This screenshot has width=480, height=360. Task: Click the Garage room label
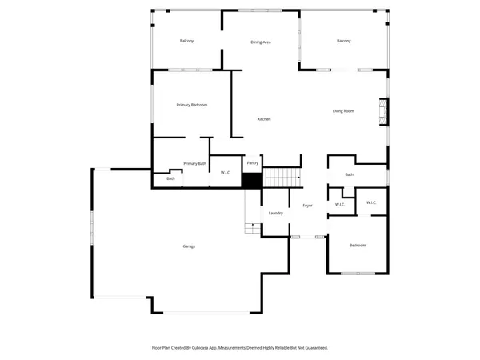coord(189,246)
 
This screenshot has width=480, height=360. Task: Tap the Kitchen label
coord(264,119)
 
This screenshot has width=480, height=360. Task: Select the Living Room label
coord(343,111)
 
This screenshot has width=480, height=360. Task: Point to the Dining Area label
coord(261,42)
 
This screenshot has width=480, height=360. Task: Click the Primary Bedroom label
coord(192,105)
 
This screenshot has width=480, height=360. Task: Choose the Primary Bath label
coord(195,163)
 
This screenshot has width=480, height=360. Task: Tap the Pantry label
coord(253,163)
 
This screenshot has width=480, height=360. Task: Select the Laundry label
coord(276,213)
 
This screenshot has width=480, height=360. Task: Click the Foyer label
coord(307,206)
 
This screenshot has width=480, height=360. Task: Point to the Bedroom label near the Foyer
coord(357,245)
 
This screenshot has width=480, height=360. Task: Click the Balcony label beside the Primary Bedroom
coord(186,41)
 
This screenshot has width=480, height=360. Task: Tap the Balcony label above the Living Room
coord(344,41)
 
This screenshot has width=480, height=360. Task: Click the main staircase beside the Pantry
coord(282,178)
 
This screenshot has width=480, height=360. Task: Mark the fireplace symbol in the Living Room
coord(382,113)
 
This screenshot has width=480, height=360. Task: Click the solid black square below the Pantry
coord(252,181)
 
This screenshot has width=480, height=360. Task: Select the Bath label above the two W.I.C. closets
coord(349,174)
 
